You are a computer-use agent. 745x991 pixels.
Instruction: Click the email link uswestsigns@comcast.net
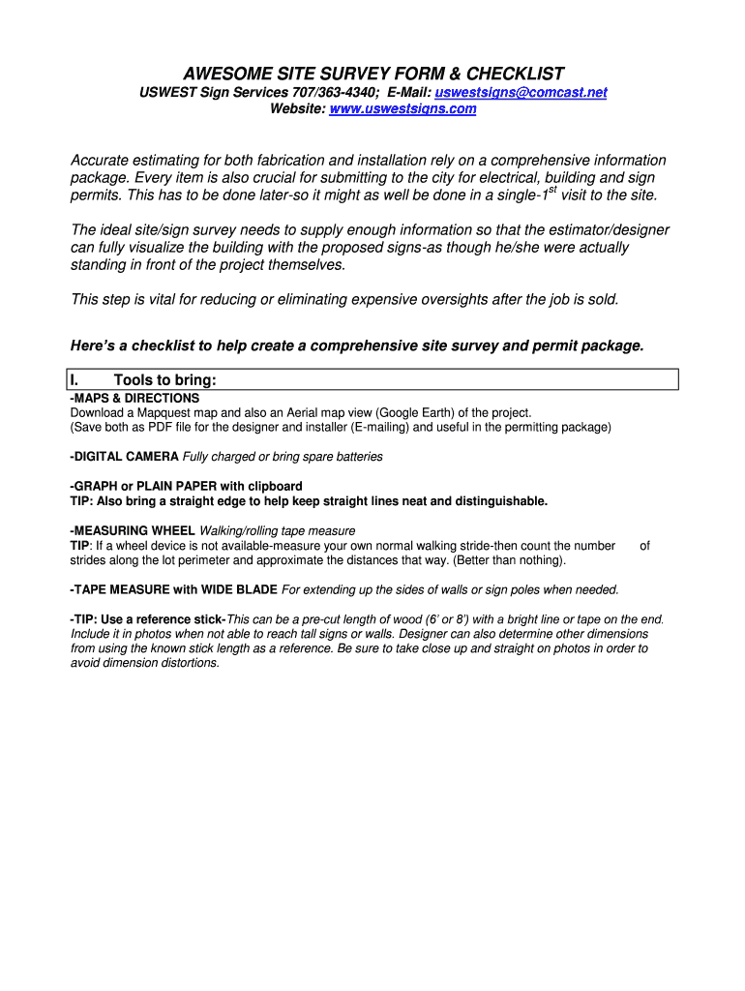(521, 92)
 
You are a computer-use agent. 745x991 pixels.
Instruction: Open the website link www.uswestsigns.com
(403, 109)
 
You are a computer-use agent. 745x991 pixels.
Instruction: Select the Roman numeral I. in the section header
(75, 380)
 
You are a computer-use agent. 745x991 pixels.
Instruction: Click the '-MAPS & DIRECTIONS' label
(134, 398)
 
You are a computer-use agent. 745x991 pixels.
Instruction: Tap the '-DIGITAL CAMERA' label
(124, 457)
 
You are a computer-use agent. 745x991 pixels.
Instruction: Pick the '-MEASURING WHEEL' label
(132, 530)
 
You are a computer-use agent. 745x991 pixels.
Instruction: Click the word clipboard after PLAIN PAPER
(275, 486)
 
